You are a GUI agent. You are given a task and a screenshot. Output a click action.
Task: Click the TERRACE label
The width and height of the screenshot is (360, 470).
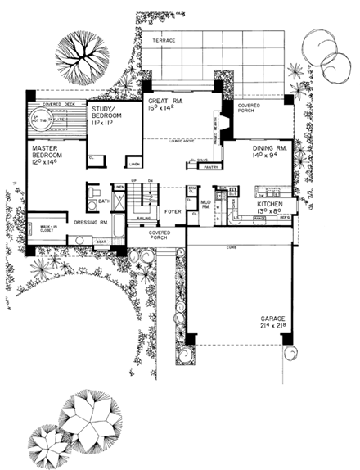coord(162,39)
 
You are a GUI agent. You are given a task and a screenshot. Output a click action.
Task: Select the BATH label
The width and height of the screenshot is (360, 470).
coord(104,201)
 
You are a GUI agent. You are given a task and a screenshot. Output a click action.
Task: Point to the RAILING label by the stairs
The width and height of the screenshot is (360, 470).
coord(143,219)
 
